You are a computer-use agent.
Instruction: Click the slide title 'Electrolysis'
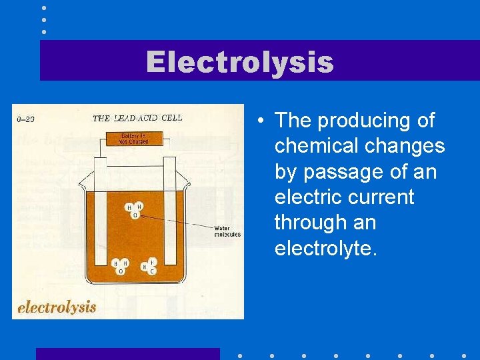[x=239, y=62]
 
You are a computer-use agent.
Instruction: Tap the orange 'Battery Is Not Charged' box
[x=133, y=139]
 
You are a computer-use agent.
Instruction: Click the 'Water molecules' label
[x=227, y=231]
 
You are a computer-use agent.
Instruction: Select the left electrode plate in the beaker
[x=101, y=213]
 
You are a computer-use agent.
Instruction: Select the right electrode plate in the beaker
[x=170, y=213]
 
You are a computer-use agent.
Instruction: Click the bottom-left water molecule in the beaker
[x=121, y=266]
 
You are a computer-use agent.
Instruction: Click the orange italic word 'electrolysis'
[x=57, y=307]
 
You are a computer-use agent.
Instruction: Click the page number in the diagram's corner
[x=25, y=119]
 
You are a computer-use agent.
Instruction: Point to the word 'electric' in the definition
[x=311, y=197]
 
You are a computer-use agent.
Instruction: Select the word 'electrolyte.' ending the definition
[x=326, y=248]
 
